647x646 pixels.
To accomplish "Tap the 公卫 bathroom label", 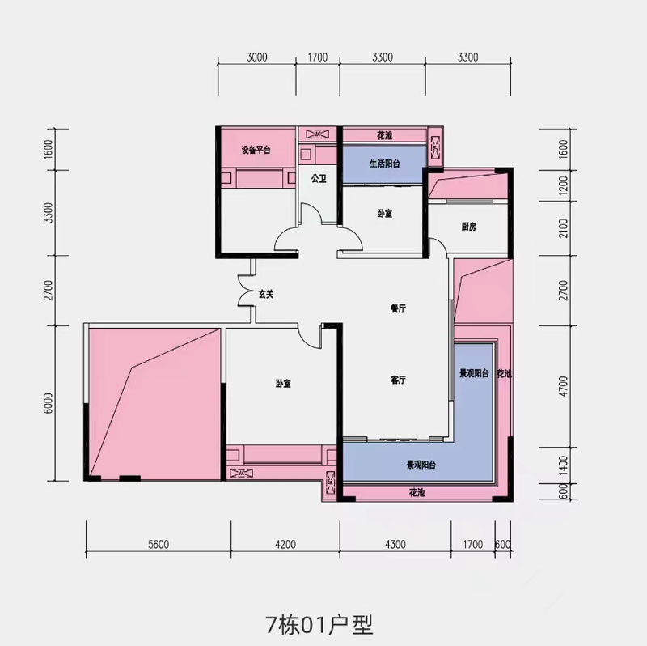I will [318, 179].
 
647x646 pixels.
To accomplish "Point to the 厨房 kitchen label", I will [468, 227].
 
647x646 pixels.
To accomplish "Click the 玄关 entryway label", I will [266, 295].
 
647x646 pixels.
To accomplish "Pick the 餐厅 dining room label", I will [397, 309].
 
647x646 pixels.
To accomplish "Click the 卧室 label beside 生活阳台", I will [384, 214].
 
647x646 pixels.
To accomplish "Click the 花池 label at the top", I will [384, 134].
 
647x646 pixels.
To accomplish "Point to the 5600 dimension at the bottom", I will [158, 544].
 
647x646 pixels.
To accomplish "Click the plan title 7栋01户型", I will [319, 625].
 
